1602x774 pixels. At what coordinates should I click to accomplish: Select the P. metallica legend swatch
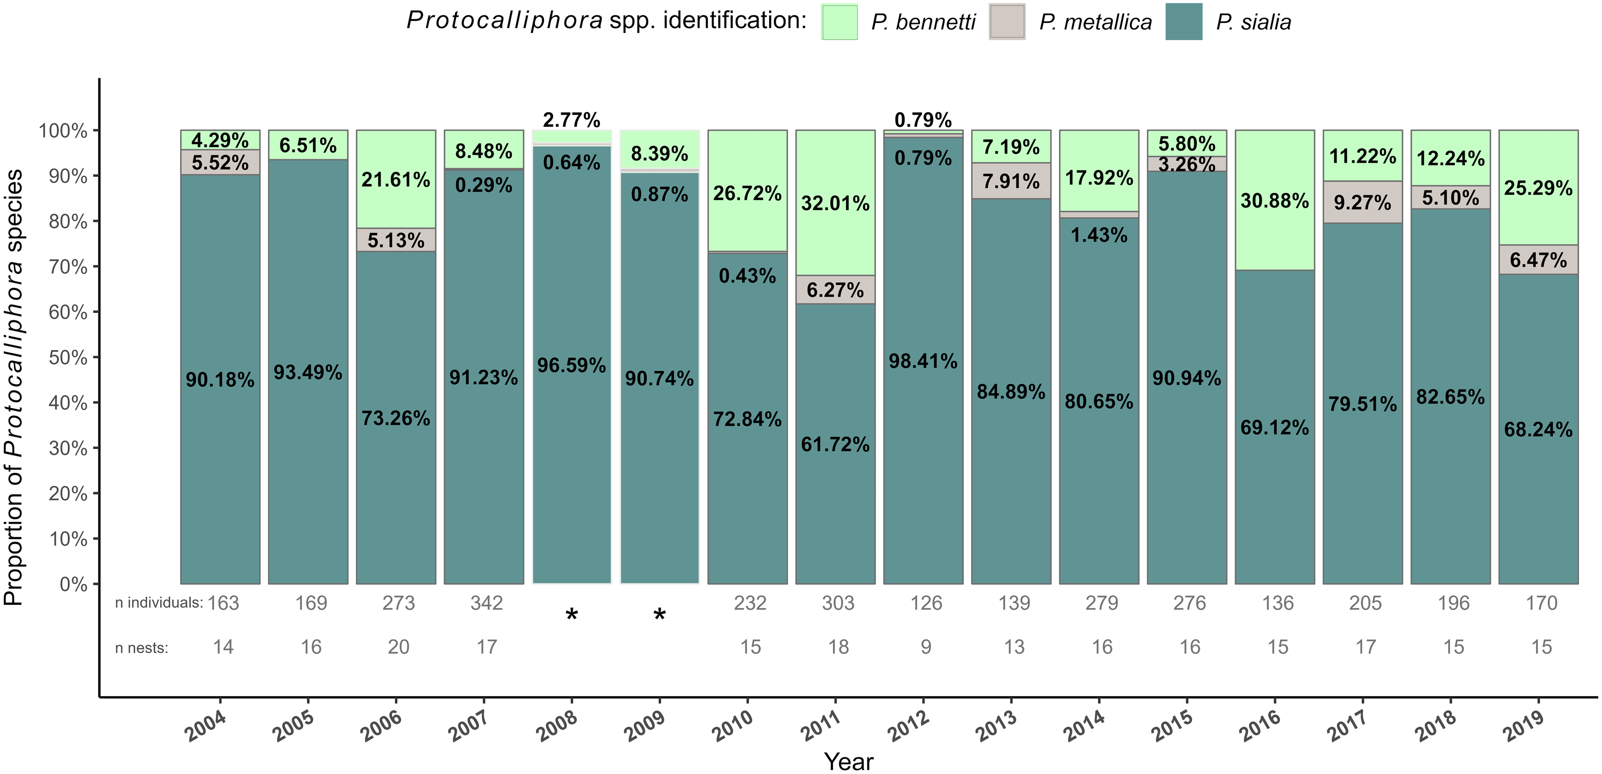[x=1007, y=22]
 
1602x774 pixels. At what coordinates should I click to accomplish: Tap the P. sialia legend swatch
[x=1184, y=22]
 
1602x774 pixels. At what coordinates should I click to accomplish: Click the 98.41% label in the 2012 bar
[x=923, y=361]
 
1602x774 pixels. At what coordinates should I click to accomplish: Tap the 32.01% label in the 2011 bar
[x=835, y=203]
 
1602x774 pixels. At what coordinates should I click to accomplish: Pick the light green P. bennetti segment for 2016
[x=1275, y=200]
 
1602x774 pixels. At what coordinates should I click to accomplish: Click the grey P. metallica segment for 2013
[x=1011, y=181]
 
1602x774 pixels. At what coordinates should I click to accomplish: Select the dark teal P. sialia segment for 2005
[x=308, y=371]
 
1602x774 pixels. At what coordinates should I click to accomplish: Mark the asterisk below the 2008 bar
[x=572, y=615]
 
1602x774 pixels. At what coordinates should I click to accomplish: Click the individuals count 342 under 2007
[x=486, y=603]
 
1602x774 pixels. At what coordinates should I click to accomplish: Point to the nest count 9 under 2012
[x=926, y=647]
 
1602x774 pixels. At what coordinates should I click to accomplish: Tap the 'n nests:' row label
[x=142, y=648]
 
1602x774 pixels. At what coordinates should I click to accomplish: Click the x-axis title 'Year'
[x=849, y=761]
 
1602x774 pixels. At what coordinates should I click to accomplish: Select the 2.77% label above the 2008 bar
[x=572, y=119]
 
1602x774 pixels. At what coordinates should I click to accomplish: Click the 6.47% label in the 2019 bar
[x=1538, y=259]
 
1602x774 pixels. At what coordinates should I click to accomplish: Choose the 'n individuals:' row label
[x=159, y=603]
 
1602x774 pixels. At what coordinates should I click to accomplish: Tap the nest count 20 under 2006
[x=399, y=647]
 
